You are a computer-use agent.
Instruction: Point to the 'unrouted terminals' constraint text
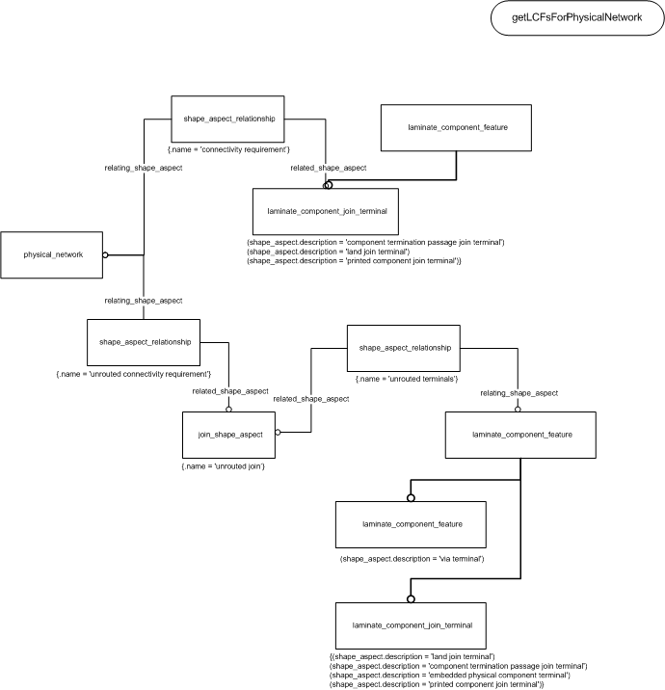(x=407, y=379)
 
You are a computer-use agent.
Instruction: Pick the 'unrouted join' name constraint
(x=224, y=466)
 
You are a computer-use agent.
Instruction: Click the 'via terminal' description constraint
(x=412, y=559)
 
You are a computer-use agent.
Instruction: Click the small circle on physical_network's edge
(x=105, y=254)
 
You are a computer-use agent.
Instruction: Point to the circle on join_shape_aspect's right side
(x=278, y=432)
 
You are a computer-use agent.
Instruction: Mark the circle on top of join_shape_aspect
(x=228, y=410)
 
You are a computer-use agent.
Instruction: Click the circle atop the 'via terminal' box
(x=412, y=498)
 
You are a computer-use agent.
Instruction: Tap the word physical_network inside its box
(x=53, y=254)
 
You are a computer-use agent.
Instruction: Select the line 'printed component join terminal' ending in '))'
(x=437, y=684)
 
